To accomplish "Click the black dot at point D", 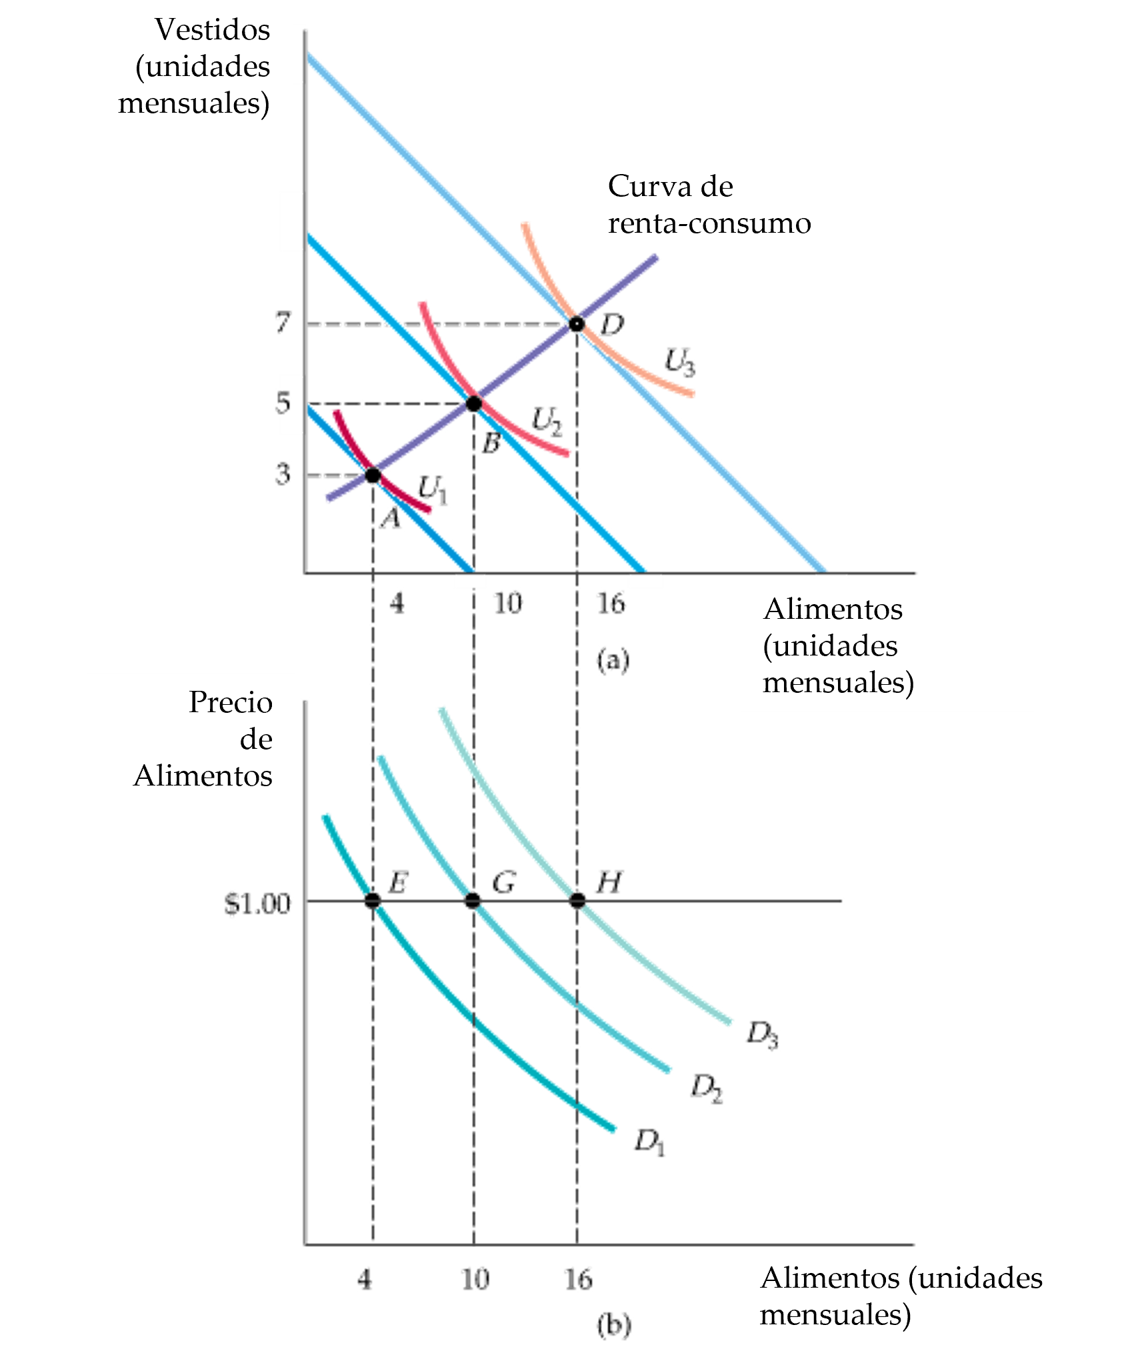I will [577, 325].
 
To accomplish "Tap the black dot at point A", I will [372, 475].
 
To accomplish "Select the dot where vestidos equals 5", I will [473, 403].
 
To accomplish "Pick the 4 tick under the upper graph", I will [397, 604].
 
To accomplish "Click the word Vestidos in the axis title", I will [212, 30].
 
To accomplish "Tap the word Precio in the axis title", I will [230, 702].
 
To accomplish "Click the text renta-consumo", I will [709, 223].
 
